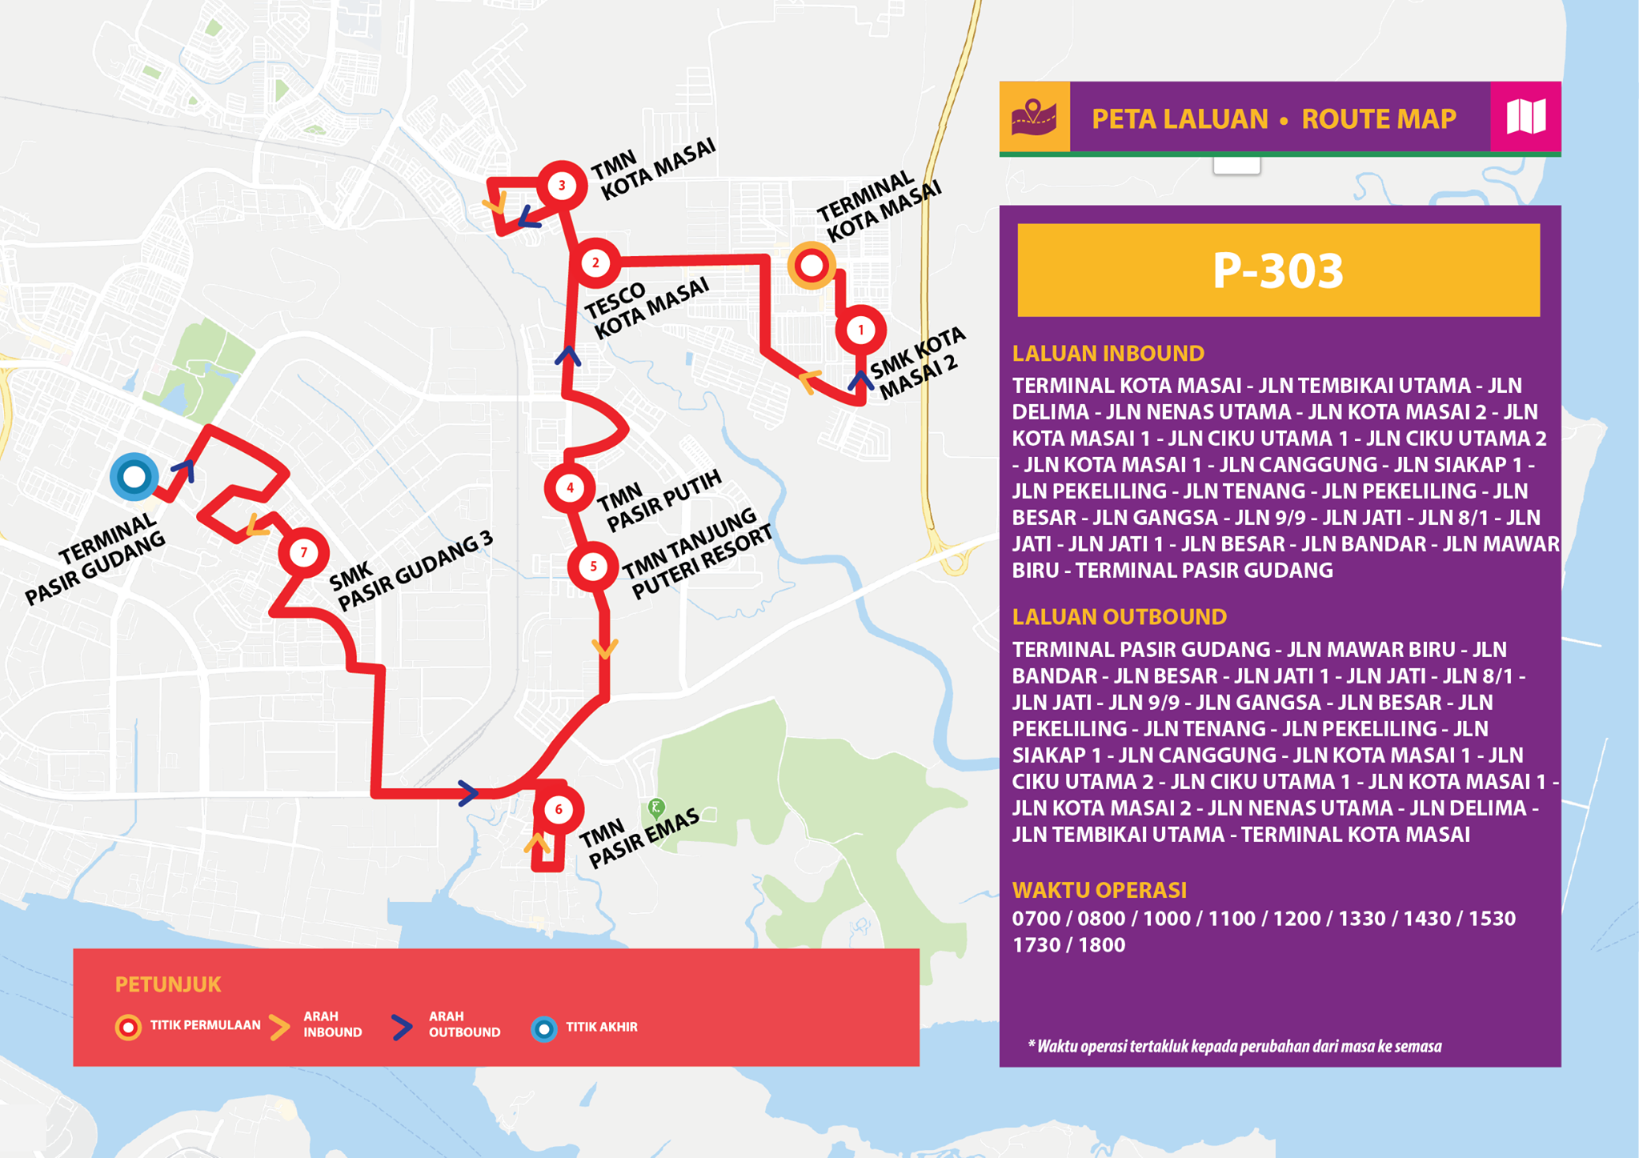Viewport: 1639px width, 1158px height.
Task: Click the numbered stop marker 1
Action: [861, 330]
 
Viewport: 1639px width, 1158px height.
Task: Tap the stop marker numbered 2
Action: [595, 262]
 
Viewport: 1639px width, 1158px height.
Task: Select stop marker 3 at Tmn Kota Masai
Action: [562, 186]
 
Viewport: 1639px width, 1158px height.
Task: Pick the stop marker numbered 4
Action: [570, 487]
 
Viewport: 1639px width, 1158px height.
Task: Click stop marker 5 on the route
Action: [592, 567]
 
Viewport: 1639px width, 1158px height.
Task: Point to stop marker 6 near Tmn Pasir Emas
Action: [558, 810]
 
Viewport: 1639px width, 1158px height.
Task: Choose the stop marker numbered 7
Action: [303, 552]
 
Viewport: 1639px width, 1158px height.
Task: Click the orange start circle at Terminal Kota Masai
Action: [811, 266]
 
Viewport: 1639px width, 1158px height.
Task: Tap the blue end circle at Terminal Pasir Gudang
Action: [134, 477]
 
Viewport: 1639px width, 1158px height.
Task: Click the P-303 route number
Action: [1277, 270]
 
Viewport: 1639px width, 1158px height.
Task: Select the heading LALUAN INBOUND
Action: [1108, 354]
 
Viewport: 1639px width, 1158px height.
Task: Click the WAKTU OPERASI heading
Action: [1099, 890]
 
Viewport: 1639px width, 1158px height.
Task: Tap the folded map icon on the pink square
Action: [1525, 117]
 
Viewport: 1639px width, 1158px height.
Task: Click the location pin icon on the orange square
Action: [1034, 117]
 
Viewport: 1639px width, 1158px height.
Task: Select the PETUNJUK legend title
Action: [168, 984]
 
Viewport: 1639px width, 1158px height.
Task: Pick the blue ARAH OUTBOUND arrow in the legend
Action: [402, 1027]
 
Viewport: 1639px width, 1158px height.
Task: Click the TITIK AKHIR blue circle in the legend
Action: [544, 1028]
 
